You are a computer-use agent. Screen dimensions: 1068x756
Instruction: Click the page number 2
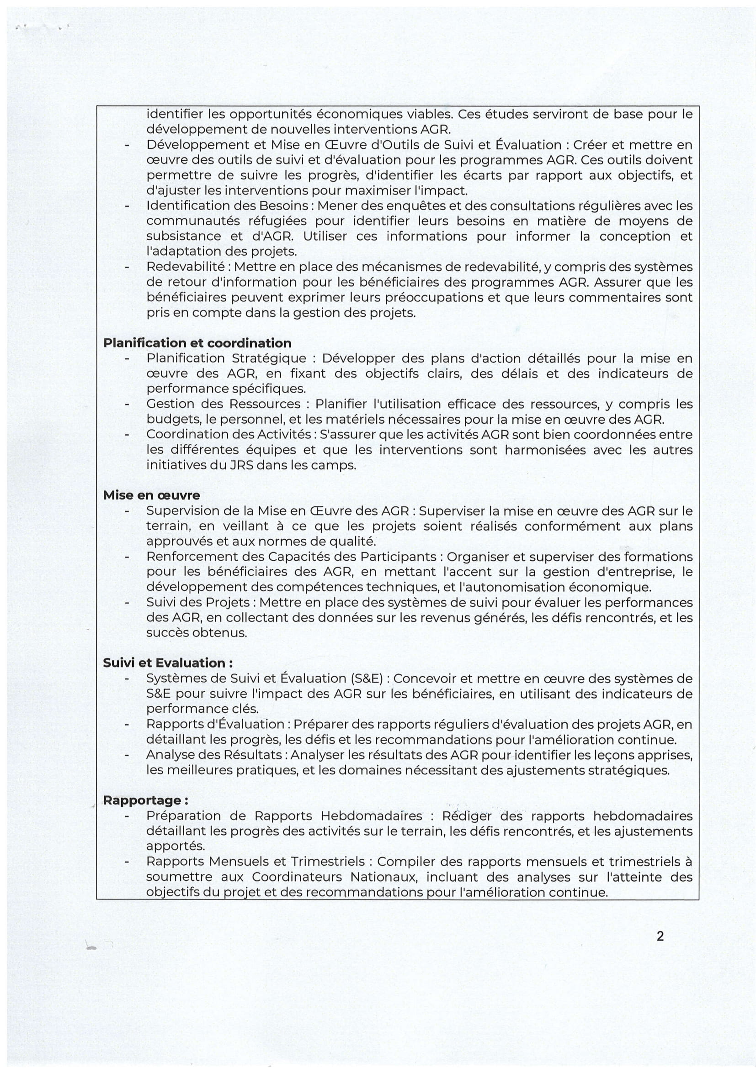[660, 936]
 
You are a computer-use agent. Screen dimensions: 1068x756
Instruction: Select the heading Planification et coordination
[197, 343]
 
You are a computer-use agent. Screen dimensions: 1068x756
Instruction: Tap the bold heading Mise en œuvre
[152, 495]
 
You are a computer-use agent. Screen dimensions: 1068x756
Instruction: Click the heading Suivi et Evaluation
[168, 663]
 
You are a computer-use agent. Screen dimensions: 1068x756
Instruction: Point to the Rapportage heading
[146, 800]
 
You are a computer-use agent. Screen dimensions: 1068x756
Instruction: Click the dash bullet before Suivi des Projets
[126, 603]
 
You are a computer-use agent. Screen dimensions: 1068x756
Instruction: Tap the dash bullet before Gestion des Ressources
[126, 404]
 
